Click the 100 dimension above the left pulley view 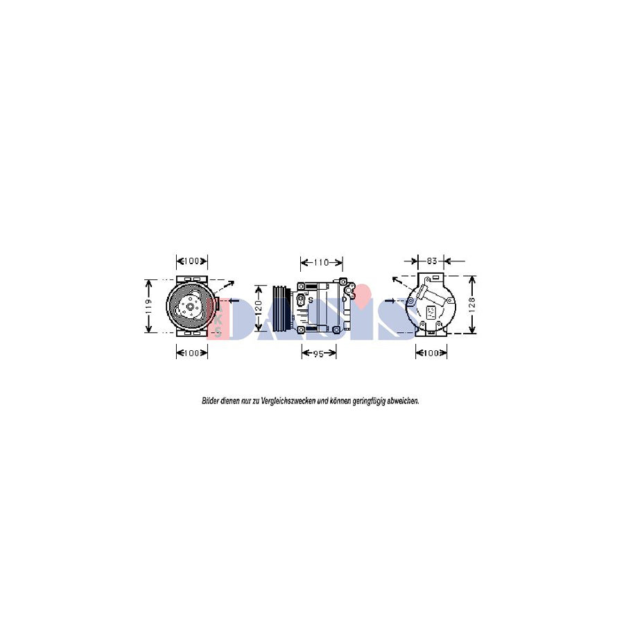pyautogui.click(x=191, y=261)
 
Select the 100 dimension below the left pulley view pyautogui.click(x=191, y=353)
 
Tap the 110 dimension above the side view pyautogui.click(x=321, y=262)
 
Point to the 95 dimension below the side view pyautogui.click(x=319, y=353)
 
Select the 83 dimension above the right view pyautogui.click(x=431, y=261)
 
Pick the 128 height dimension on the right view pyautogui.click(x=472, y=305)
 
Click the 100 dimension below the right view pyautogui.click(x=431, y=353)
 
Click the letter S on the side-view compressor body pyautogui.click(x=311, y=300)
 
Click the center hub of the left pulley pyautogui.click(x=189, y=306)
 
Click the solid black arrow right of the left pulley pyautogui.click(x=232, y=302)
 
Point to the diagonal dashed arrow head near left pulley pyautogui.click(x=232, y=282)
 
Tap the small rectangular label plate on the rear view pyautogui.click(x=431, y=312)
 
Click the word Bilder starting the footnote pyautogui.click(x=210, y=401)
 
